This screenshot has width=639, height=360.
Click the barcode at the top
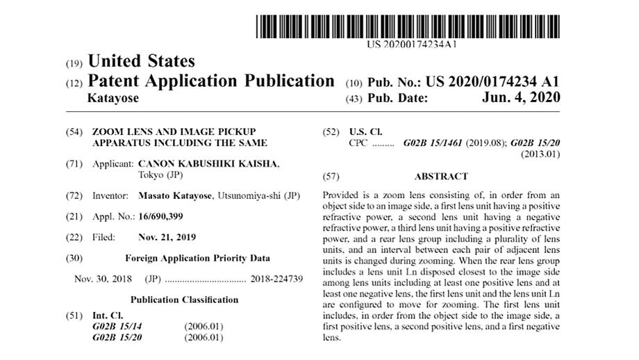[408, 26]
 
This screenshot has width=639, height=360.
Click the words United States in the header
[142, 61]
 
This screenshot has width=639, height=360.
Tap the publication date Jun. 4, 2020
[520, 98]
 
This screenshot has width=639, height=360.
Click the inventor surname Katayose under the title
[113, 98]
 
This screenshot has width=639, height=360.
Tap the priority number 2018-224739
[276, 278]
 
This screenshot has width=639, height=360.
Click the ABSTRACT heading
[441, 177]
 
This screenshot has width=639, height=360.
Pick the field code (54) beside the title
[74, 132]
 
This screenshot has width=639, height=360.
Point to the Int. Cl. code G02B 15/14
[117, 325]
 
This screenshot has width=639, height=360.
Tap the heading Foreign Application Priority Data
[197, 257]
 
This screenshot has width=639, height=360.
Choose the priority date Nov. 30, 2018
[103, 278]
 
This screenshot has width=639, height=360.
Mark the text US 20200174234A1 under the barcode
[412, 44]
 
